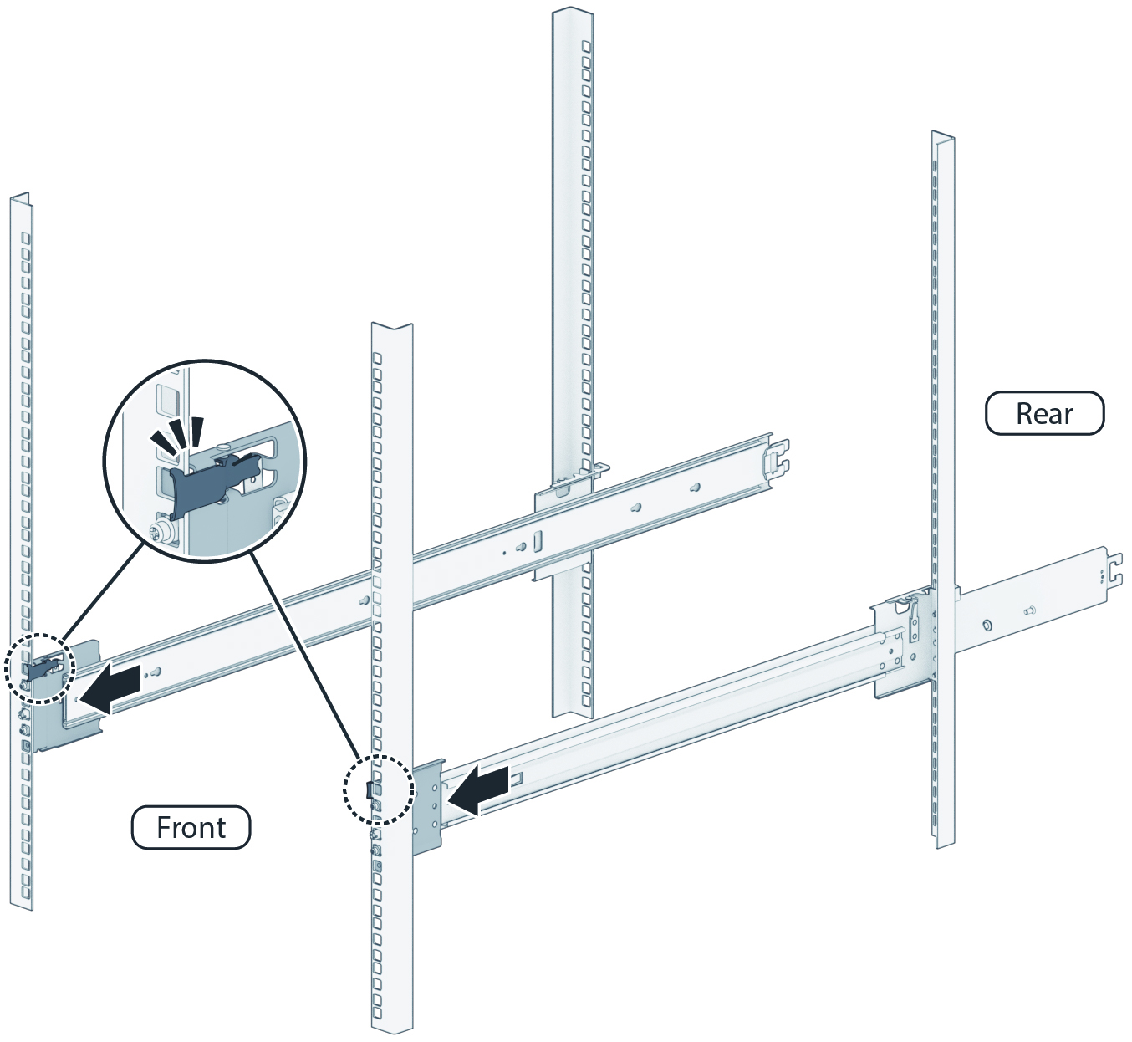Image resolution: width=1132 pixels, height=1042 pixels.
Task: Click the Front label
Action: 191,827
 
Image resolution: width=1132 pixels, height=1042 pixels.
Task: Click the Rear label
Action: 1044,413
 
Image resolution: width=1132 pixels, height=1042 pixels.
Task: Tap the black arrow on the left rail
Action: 110,689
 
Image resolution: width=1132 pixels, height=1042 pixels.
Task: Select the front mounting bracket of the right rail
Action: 427,806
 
